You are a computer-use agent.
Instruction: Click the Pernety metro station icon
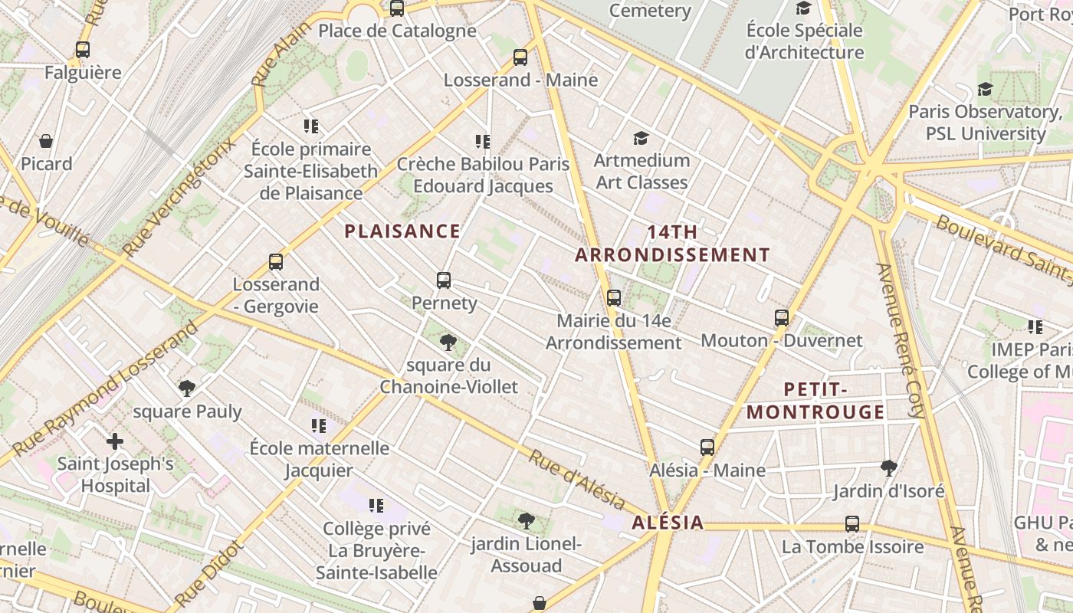tap(444, 280)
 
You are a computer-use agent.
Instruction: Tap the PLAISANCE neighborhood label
tap(402, 231)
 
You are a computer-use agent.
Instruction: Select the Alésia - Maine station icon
tap(707, 447)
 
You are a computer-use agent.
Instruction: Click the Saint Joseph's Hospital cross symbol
tap(115, 441)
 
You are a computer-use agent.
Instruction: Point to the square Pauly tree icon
tap(186, 388)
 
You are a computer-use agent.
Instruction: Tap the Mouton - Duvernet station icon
tap(782, 317)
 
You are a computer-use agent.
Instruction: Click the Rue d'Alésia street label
tap(576, 480)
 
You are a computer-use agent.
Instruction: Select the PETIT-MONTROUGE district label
tap(815, 401)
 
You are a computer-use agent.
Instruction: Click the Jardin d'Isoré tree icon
tap(889, 467)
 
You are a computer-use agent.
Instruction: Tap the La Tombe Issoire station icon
tap(852, 524)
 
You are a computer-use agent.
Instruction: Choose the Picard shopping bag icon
tap(46, 141)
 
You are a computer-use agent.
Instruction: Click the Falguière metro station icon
tap(83, 50)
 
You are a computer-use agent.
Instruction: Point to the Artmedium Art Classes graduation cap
tap(641, 138)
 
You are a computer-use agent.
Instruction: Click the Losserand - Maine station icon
tap(520, 57)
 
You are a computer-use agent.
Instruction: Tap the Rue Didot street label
tap(208, 573)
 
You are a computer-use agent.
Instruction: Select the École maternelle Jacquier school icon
tap(319, 425)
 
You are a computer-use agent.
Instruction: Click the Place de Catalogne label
tap(397, 31)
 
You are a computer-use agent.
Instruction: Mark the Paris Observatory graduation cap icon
tap(985, 89)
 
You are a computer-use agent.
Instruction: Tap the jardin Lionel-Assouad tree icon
tap(526, 521)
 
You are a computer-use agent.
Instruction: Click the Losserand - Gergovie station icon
tap(276, 262)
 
